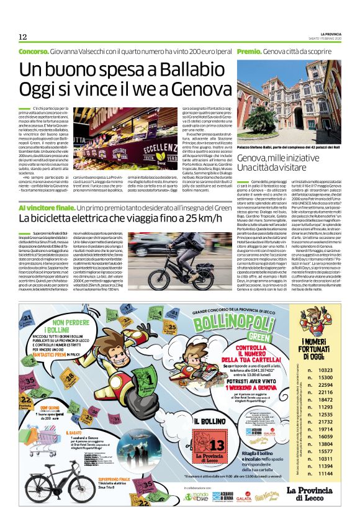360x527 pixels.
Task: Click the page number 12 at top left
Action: point(22,36)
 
